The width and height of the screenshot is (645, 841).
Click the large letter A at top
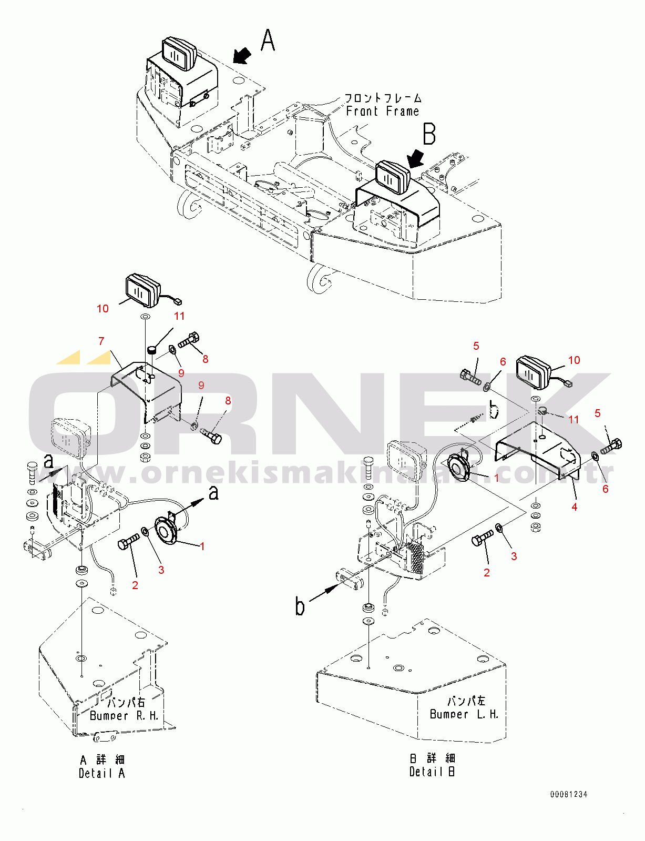(268, 40)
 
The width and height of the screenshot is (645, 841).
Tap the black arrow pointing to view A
(242, 55)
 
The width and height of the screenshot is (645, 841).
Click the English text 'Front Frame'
(382, 112)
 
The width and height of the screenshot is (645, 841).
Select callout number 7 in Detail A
(101, 341)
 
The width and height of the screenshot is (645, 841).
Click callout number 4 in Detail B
(575, 506)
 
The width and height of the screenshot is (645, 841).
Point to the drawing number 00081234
(569, 794)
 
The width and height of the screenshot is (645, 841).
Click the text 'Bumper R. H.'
(124, 716)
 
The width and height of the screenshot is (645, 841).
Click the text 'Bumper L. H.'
(464, 714)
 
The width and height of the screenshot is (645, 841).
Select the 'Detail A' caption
(102, 773)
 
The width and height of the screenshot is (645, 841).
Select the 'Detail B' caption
(432, 772)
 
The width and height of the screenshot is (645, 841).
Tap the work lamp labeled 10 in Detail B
(533, 372)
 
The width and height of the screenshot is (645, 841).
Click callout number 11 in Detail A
(179, 316)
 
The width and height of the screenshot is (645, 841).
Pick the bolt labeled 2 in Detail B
(482, 539)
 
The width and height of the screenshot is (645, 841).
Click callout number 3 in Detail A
(161, 570)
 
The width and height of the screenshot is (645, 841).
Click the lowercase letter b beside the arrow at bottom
(300, 606)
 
